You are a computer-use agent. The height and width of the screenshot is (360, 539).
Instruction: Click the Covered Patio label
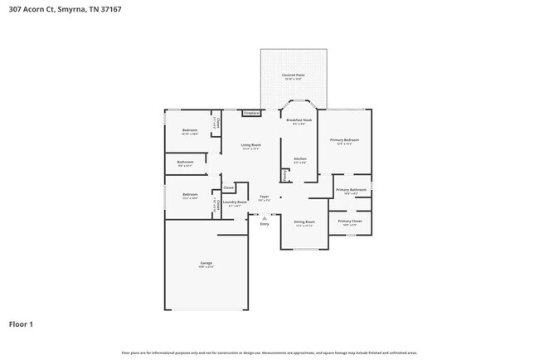pyautogui.click(x=293, y=75)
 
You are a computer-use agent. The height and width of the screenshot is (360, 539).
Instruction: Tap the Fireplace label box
pyautogui.click(x=251, y=113)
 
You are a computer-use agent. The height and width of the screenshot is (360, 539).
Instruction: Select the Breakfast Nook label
pyautogui.click(x=299, y=120)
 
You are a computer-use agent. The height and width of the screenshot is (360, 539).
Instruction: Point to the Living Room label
pyautogui.click(x=250, y=146)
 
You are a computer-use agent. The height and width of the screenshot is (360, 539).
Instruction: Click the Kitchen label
pyautogui.click(x=299, y=159)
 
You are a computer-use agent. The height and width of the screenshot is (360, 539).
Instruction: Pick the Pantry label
pyautogui.click(x=285, y=175)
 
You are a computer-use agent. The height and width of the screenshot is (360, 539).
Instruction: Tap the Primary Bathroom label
pyautogui.click(x=351, y=191)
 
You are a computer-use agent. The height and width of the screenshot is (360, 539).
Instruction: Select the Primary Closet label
pyautogui.click(x=350, y=221)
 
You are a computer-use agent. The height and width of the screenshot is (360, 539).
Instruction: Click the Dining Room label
pyautogui.click(x=304, y=221)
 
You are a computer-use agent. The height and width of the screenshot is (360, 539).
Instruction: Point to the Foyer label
pyautogui.click(x=264, y=197)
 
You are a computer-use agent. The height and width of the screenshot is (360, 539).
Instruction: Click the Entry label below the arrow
pyautogui.click(x=265, y=224)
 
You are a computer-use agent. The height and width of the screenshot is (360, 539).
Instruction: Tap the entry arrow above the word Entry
pyautogui.click(x=265, y=217)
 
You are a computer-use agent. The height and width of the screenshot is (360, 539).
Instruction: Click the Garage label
pyautogui.click(x=206, y=263)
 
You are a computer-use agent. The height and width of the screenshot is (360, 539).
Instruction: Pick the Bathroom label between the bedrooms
pyautogui.click(x=185, y=163)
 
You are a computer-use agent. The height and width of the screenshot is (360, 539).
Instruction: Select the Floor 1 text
pyautogui.click(x=21, y=324)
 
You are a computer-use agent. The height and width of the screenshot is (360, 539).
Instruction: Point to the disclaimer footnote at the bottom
pyautogui.click(x=269, y=353)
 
